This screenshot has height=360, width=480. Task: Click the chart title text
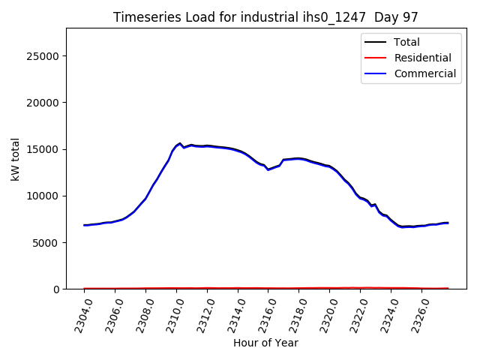click(265, 17)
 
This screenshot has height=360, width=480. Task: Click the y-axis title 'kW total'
click(16, 158)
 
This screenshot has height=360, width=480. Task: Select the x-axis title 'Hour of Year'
click(265, 343)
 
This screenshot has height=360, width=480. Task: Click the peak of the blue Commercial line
click(180, 143)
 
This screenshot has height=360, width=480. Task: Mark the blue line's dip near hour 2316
click(268, 169)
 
